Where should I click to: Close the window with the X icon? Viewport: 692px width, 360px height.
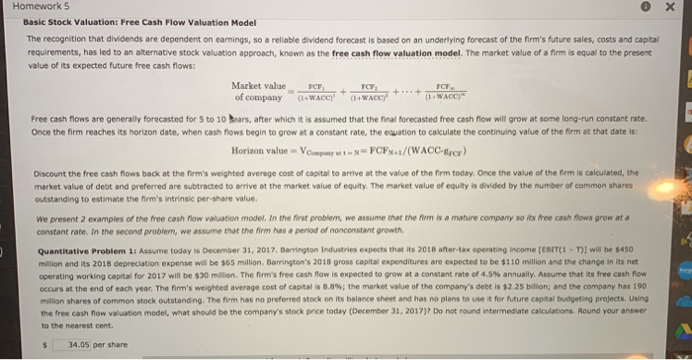(x=669, y=8)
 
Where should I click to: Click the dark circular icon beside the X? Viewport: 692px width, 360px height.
(x=646, y=8)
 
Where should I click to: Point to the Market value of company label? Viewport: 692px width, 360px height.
(x=258, y=94)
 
